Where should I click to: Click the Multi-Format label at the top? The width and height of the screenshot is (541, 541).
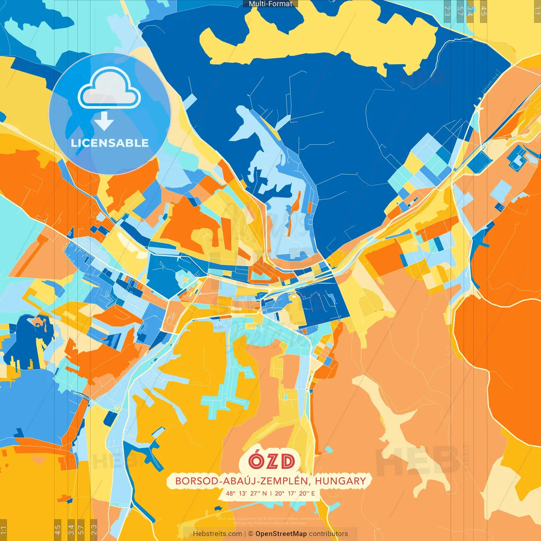point(270,4)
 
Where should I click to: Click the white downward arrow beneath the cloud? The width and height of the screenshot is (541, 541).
point(104,121)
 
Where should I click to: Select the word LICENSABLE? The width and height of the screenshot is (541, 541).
point(110,143)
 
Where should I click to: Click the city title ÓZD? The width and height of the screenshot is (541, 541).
point(271,462)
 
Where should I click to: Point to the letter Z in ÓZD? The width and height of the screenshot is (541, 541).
point(271,462)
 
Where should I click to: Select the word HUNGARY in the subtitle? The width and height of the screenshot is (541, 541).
point(340,481)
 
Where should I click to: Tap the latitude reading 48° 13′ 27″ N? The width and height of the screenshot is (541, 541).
point(246,493)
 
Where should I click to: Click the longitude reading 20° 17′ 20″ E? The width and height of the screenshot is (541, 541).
point(295,493)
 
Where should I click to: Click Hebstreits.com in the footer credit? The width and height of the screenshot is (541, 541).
point(217,534)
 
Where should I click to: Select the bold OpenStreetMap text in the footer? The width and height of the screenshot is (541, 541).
point(281,534)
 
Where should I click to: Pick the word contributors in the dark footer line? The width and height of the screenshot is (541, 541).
point(328,534)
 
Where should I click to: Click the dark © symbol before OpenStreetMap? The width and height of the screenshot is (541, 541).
point(251,534)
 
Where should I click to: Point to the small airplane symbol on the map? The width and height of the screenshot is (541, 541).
point(479,107)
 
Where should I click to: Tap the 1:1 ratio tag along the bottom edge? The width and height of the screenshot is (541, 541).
point(3,530)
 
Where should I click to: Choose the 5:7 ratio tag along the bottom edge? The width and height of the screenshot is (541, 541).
point(81,530)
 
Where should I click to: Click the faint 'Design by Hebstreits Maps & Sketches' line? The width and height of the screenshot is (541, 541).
point(270,523)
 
